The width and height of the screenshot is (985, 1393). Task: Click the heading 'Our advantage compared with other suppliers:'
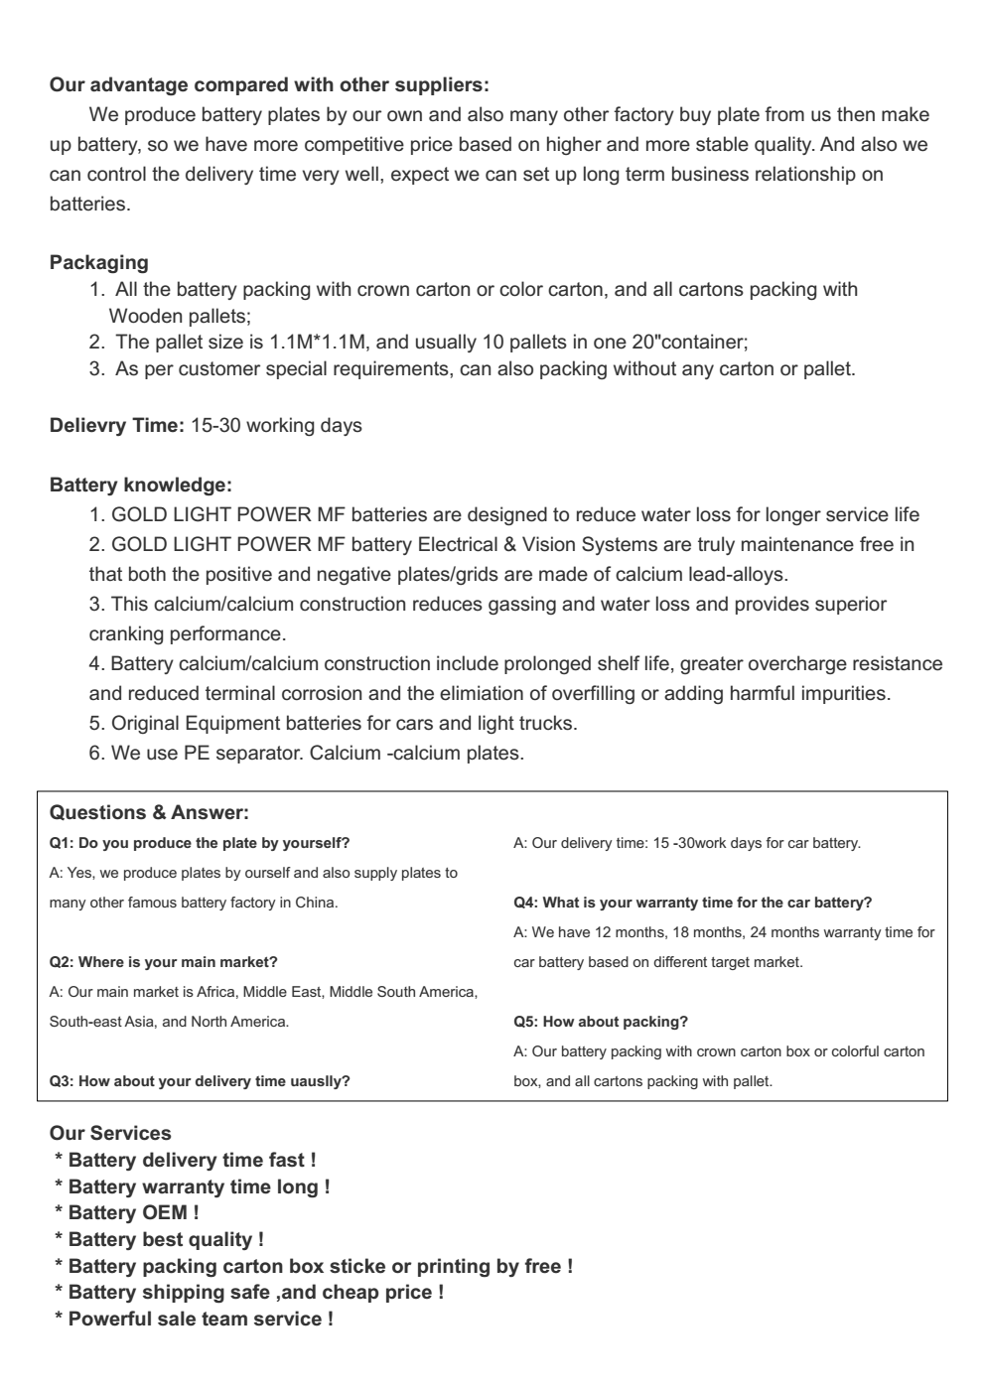(x=269, y=83)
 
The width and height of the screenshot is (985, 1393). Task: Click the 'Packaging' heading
(x=99, y=263)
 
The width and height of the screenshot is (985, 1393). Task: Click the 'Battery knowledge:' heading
(x=141, y=486)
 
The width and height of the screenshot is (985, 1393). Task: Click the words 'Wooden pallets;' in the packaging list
(x=179, y=317)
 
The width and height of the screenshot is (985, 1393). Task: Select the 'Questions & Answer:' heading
(x=149, y=813)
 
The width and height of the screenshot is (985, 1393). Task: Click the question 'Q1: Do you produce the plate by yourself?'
(x=200, y=843)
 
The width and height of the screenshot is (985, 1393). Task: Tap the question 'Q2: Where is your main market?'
(x=164, y=962)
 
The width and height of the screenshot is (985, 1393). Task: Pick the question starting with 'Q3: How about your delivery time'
(x=200, y=1081)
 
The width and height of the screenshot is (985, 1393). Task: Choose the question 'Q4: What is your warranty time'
(x=692, y=903)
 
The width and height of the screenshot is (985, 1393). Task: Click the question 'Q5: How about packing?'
(x=601, y=1022)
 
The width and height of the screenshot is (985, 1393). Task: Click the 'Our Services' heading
(x=110, y=1133)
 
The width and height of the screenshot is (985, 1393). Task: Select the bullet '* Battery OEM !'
(x=127, y=1212)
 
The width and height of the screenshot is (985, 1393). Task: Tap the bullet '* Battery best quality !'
(x=159, y=1239)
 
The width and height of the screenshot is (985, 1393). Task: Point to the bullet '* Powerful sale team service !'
(x=194, y=1319)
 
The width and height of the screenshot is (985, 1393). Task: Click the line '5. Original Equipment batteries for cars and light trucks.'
(x=333, y=723)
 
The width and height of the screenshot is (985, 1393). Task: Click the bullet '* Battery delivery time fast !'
(x=186, y=1160)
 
